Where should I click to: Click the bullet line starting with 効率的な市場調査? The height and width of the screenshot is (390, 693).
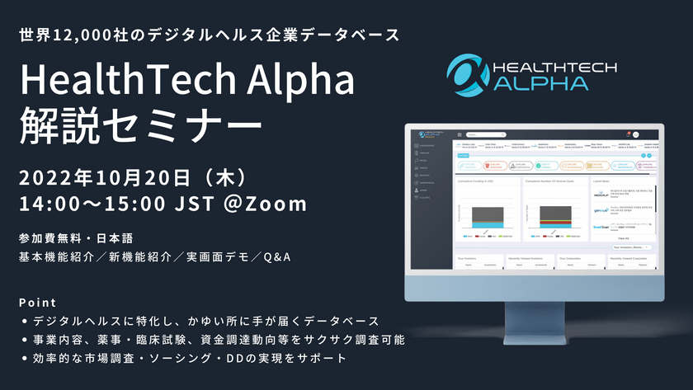click(x=186, y=359)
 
